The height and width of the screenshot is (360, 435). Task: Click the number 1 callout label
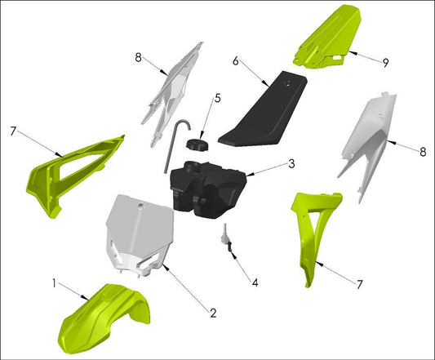point(55,284)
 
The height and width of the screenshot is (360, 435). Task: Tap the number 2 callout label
point(212,312)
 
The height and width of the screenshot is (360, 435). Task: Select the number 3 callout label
point(291,164)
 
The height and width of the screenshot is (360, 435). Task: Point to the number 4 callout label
point(255,283)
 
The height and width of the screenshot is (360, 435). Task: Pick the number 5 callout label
point(217,99)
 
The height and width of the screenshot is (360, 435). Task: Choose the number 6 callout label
point(236,60)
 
